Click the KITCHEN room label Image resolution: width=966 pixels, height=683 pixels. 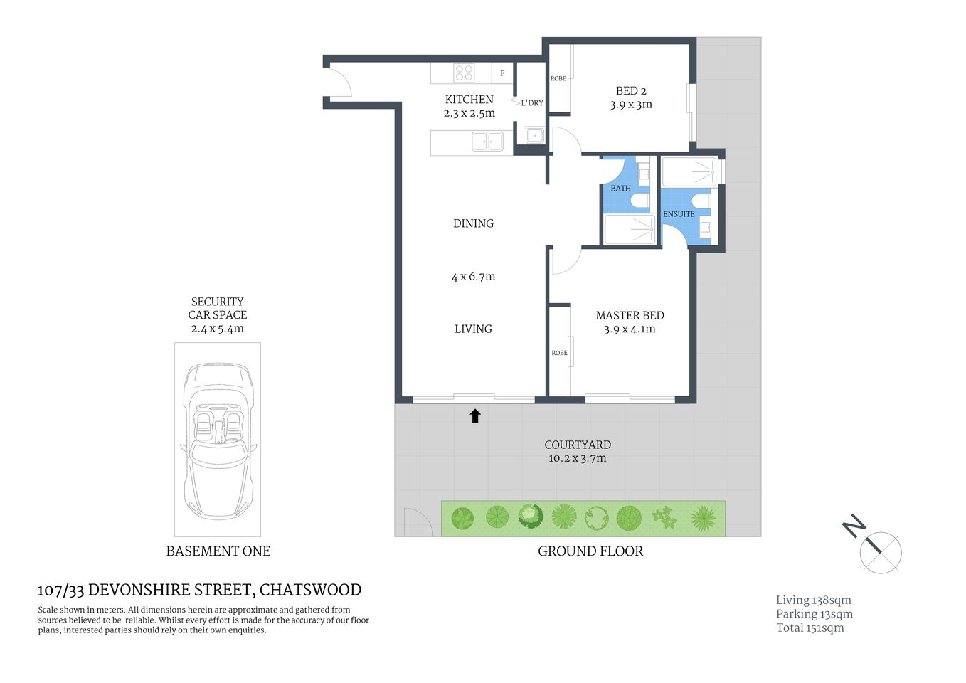click(469, 100)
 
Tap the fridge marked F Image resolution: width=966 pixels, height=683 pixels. click(502, 73)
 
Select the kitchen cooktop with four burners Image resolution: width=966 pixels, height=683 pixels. click(464, 73)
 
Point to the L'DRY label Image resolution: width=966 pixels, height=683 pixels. click(532, 103)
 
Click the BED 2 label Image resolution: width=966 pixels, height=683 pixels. click(631, 91)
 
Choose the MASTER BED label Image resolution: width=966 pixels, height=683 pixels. click(630, 315)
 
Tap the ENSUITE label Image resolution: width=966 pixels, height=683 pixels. click(679, 214)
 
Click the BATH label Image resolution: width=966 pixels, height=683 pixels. click(620, 189)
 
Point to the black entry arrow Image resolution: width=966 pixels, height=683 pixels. click(475, 416)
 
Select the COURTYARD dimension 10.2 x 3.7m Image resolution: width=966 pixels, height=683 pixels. click(577, 459)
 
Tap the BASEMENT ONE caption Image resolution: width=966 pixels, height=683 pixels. click(218, 551)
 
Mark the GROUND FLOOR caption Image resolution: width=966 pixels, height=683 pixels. click(590, 551)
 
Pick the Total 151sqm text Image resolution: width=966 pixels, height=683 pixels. click(810, 628)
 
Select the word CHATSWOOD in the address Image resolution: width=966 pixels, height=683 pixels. click(310, 590)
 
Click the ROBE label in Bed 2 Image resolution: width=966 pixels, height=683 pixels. click(558, 78)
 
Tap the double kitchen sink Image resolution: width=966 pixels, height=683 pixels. click(488, 142)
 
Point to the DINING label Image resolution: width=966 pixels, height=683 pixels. click(473, 223)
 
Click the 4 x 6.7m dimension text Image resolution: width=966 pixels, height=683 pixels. click(473, 277)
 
